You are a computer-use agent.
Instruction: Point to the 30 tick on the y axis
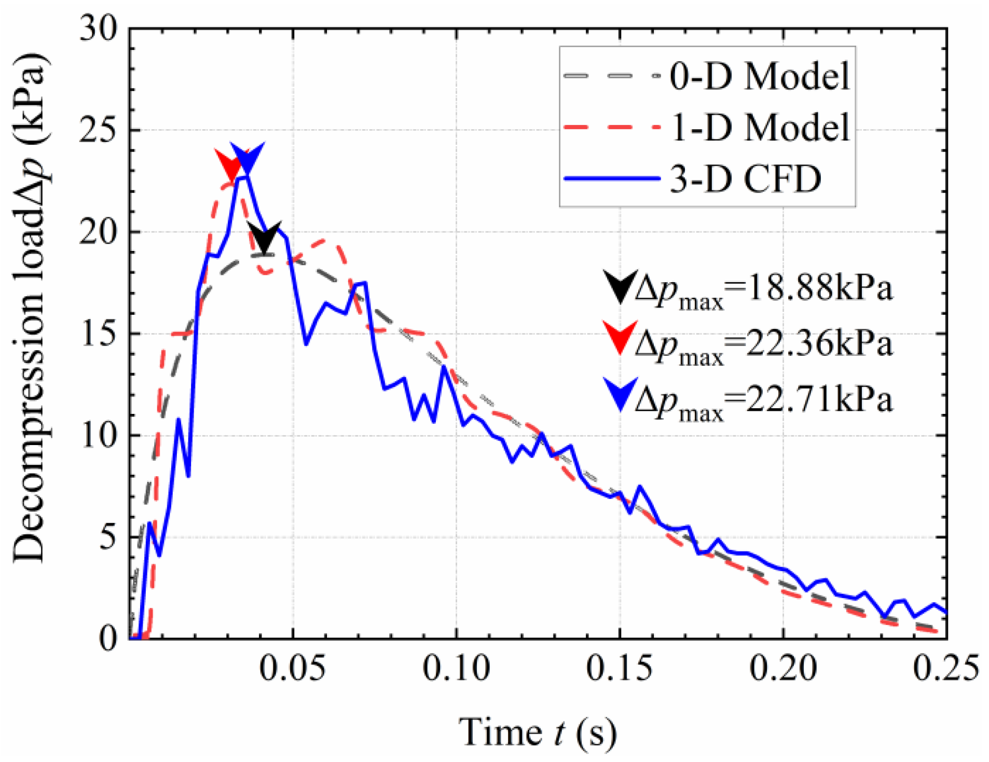(99, 29)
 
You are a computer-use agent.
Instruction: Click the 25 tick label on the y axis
(99, 130)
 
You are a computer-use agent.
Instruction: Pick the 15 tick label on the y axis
(99, 334)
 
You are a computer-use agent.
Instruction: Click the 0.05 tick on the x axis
(293, 668)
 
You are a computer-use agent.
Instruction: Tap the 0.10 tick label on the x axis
(456, 668)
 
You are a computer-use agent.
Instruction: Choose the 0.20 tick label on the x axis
(783, 668)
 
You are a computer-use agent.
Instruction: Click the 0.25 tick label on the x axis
(945, 668)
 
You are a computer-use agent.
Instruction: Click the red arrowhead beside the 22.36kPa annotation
(620, 337)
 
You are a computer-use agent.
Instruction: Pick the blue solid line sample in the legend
(612, 179)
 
